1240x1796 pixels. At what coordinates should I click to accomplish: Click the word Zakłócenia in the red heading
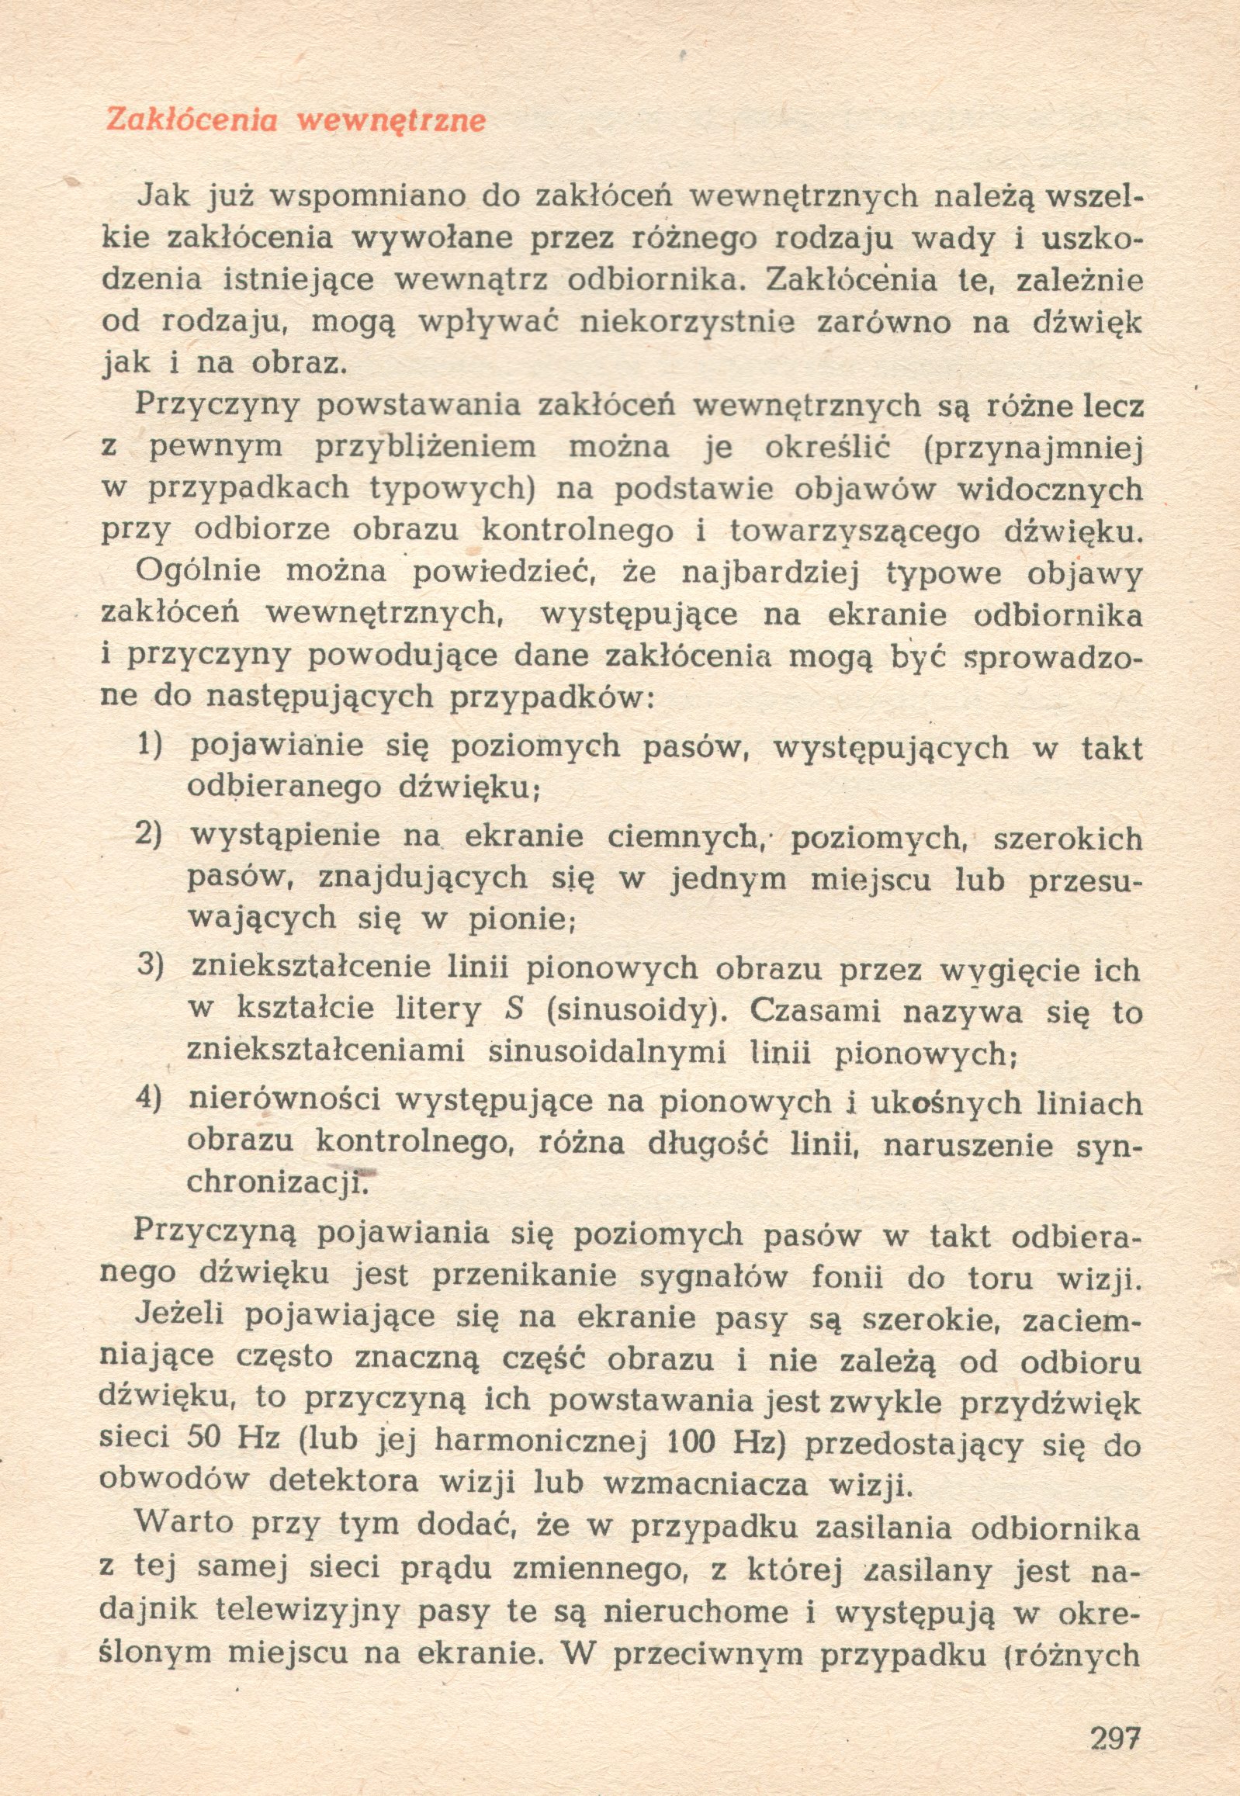(191, 120)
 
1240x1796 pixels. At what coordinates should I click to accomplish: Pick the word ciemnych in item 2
(682, 838)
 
